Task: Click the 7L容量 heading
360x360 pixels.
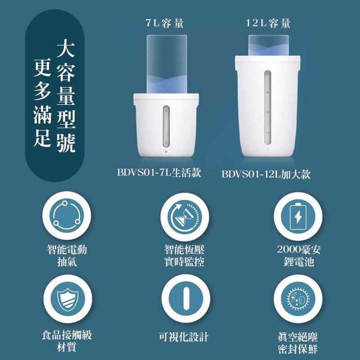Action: (x=165, y=23)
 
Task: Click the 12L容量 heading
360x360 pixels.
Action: (x=268, y=23)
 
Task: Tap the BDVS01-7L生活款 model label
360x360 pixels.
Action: (x=159, y=172)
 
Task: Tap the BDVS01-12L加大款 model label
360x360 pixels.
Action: (x=266, y=174)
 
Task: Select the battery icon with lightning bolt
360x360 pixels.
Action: (x=298, y=216)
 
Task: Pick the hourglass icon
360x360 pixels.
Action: (x=184, y=217)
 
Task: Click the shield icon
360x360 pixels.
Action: (x=68, y=299)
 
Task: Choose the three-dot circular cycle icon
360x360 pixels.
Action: (x=67, y=216)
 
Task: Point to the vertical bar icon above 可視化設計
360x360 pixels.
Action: (x=186, y=298)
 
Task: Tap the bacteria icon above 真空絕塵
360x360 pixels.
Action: (x=298, y=299)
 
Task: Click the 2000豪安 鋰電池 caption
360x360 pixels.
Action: (x=299, y=255)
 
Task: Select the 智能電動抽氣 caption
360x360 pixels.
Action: (x=67, y=256)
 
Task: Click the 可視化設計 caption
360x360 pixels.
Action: (x=184, y=337)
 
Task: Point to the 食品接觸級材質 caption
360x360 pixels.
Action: (x=67, y=341)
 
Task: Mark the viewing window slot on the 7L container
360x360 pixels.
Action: (x=166, y=126)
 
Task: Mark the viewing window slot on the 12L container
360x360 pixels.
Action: (x=267, y=108)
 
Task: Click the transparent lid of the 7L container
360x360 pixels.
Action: (x=167, y=64)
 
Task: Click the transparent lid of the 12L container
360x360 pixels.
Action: (x=268, y=45)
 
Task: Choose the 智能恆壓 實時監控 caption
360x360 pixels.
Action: (x=184, y=256)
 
